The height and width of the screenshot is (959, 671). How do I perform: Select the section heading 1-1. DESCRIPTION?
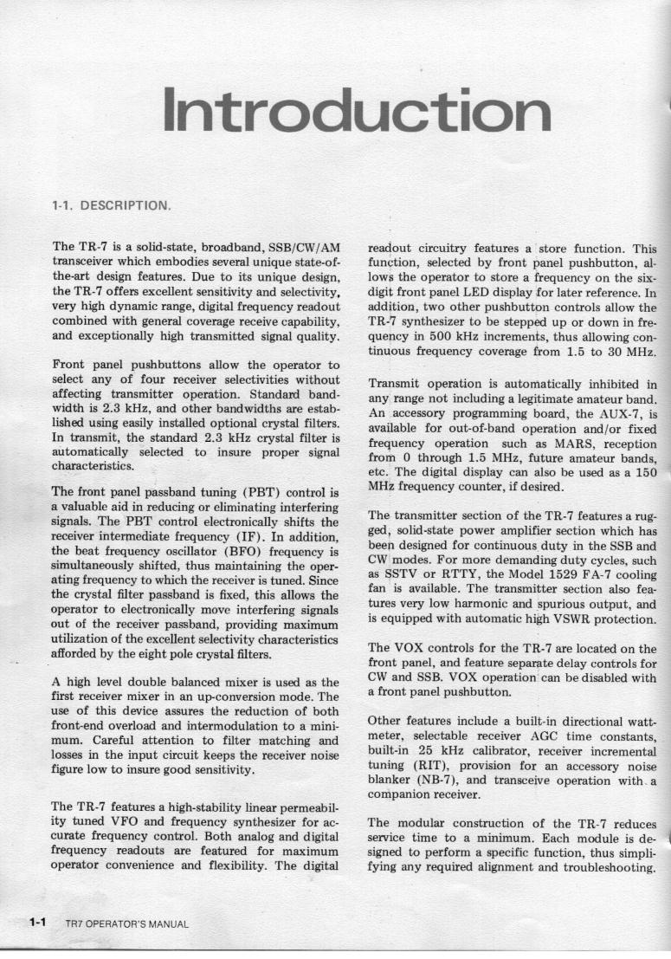click(110, 206)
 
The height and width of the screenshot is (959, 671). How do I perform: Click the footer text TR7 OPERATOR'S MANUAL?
click(126, 923)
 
